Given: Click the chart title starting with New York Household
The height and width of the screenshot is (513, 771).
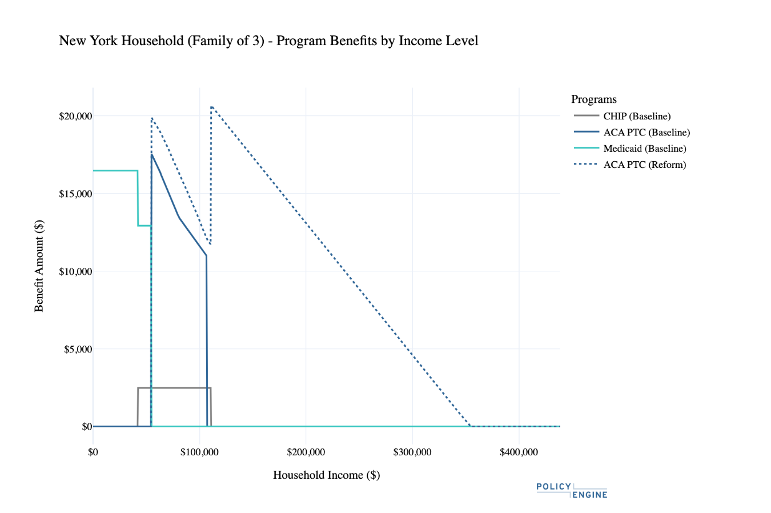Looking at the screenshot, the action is pos(268,41).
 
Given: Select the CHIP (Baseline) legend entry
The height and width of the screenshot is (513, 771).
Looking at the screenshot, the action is pos(623,116).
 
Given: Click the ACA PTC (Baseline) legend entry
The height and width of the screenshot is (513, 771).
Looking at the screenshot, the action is pos(632,132).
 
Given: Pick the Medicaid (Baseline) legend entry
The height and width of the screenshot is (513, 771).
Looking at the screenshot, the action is pos(630,149).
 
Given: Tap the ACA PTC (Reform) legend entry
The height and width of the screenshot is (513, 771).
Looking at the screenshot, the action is pos(630,165).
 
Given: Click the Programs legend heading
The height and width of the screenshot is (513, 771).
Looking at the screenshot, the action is pos(594,99).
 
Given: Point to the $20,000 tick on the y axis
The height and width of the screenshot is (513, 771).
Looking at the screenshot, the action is pos(76,117).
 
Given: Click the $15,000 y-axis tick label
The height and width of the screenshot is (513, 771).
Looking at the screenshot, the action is pos(76,194).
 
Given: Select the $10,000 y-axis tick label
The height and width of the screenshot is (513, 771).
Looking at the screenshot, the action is pos(76,272).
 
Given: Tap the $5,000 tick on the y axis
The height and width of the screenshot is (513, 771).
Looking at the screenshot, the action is pos(78,350).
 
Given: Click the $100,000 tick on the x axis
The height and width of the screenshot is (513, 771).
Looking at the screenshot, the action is pos(199,452).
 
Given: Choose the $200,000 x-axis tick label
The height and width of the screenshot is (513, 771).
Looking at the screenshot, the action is pos(306,452).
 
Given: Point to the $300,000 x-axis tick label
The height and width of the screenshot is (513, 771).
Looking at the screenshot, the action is pos(412,452).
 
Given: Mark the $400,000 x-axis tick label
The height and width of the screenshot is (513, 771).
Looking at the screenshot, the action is pos(519,452).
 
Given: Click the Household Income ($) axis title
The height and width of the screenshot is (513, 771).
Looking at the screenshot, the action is pos(326,475).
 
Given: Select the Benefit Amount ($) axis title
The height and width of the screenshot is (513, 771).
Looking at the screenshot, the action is pos(39,266).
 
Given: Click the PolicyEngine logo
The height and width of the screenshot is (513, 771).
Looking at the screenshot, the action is pos(572,491).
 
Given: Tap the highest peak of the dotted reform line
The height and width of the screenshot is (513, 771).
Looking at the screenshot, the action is pos(211,107).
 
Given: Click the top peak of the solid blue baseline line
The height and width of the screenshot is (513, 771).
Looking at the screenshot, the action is pos(151,154).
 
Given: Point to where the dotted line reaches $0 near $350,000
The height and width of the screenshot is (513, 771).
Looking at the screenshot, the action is pos(471,426).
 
